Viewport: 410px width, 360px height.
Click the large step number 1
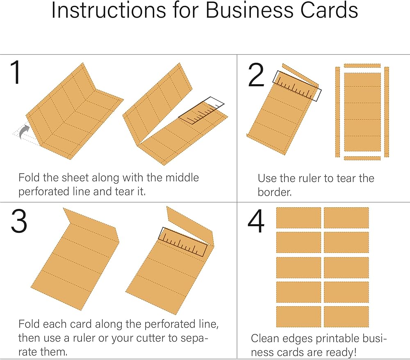click(16, 73)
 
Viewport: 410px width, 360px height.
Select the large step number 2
click(257, 76)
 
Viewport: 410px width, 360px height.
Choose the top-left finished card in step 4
click(298, 218)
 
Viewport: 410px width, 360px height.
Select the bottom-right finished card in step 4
click(346, 316)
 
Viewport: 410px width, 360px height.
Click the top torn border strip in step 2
click(362, 65)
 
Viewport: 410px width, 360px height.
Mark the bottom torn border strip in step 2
click(362, 158)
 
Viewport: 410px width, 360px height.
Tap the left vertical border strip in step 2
click(337, 112)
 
